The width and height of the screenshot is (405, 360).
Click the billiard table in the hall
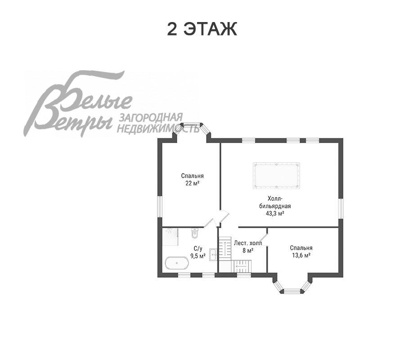pyautogui.click(x=276, y=175)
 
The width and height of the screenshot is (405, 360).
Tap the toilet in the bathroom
pyautogui.click(x=195, y=233)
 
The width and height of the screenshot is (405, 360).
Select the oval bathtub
pyautogui.click(x=177, y=263)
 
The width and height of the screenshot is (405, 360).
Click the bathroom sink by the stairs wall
pyautogui.click(x=213, y=255)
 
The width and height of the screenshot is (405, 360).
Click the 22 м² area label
pyautogui.click(x=193, y=183)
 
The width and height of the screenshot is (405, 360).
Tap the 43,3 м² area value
pyautogui.click(x=275, y=213)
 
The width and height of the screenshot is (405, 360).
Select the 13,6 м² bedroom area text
pyautogui.click(x=301, y=255)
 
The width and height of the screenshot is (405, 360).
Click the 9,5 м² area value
pyautogui.click(x=198, y=256)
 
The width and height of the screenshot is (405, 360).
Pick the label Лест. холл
pyautogui.click(x=247, y=243)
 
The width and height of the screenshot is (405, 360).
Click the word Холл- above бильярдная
pyautogui.click(x=275, y=198)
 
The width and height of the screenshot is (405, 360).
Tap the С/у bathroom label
pyautogui.click(x=198, y=248)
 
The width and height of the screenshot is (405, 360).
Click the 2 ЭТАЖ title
pyautogui.click(x=202, y=29)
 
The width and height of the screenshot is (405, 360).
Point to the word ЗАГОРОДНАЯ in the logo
pyautogui.click(x=151, y=117)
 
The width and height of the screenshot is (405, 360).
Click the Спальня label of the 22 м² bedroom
pyautogui.click(x=193, y=176)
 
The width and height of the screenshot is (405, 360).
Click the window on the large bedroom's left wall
pyautogui.click(x=160, y=207)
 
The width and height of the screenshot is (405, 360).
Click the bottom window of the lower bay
pyautogui.click(x=292, y=291)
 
